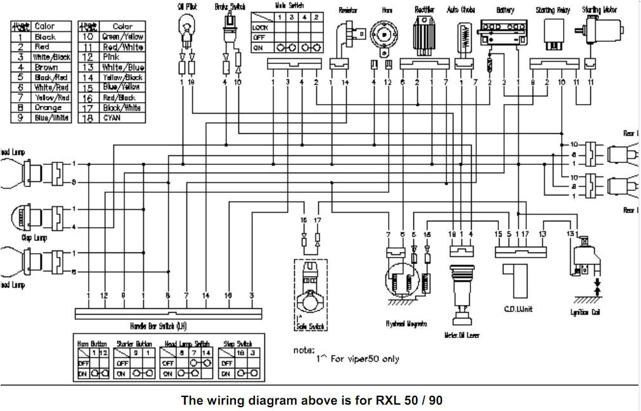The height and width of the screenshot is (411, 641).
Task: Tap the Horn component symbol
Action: (385, 34)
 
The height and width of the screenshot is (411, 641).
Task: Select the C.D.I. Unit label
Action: (517, 308)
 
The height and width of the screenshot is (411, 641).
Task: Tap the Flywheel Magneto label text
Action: (406, 323)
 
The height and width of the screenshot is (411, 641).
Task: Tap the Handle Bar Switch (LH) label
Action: (167, 325)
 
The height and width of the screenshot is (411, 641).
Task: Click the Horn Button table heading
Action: (92, 343)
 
